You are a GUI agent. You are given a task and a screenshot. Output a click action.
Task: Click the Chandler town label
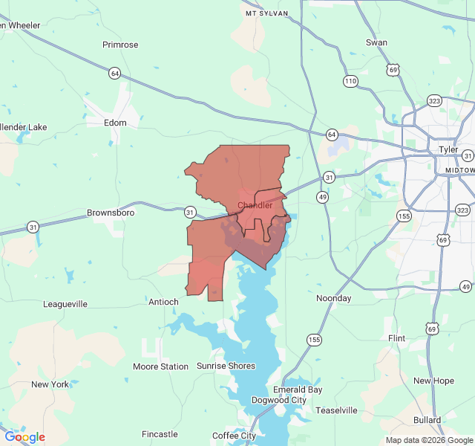tap(255, 205)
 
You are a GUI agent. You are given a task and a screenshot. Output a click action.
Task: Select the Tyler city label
tap(448, 149)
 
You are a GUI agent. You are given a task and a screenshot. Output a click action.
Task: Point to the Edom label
tap(116, 123)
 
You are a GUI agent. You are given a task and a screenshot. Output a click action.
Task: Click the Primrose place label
tap(120, 45)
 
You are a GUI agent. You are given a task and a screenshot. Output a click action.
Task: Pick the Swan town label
tap(376, 42)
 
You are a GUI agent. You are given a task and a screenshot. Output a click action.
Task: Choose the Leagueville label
tap(65, 304)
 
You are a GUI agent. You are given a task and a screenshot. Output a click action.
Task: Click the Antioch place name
tap(163, 302)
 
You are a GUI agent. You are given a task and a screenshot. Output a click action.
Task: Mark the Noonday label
tap(334, 298)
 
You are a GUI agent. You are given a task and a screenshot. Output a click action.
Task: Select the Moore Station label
tap(160, 366)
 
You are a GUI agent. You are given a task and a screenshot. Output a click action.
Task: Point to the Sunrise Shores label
tap(226, 366)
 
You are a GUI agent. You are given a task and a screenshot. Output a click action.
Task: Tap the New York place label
tap(50, 384)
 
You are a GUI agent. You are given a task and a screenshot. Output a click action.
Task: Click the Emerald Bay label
tap(298, 390)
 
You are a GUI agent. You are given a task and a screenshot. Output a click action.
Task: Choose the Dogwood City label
tap(278, 400)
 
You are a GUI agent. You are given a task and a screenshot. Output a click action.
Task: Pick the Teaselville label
tap(336, 410)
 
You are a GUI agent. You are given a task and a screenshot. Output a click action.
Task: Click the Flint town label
tap(397, 338)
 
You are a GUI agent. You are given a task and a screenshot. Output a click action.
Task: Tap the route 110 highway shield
tap(350, 80)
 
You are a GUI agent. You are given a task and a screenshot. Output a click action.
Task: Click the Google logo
tap(24, 437)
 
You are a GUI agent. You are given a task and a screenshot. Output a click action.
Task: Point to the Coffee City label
tap(234, 436)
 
